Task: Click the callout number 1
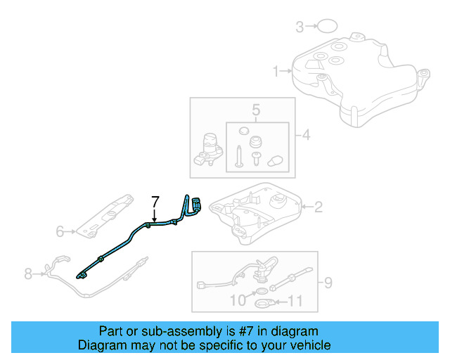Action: [276, 70]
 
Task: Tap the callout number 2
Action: [318, 207]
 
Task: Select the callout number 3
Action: [300, 27]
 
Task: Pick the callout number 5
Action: [256, 110]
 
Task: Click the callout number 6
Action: [60, 230]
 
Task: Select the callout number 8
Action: [28, 274]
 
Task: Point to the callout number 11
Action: [295, 303]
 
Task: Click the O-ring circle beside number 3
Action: [325, 27]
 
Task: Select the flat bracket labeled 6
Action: [105, 214]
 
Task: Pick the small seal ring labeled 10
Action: [260, 292]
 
